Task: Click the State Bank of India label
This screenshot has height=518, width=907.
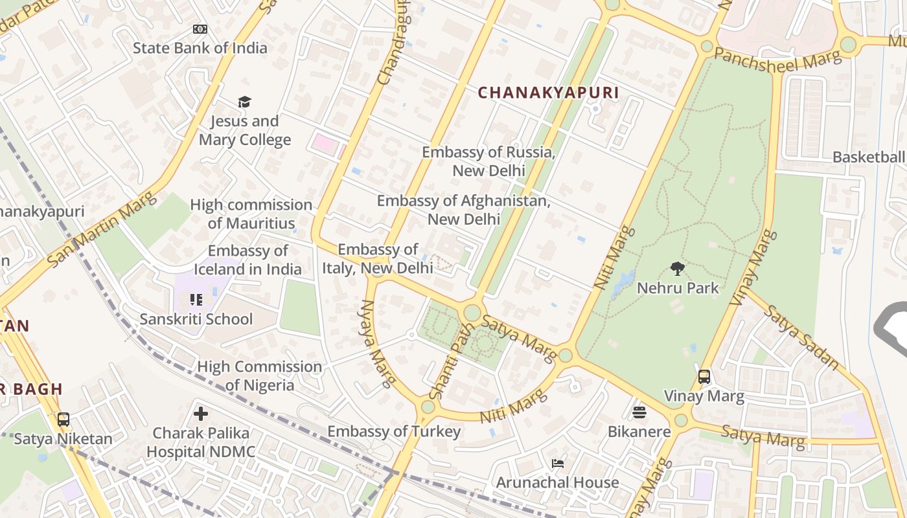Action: [x=200, y=48]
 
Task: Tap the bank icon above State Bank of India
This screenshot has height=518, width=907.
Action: [x=200, y=29]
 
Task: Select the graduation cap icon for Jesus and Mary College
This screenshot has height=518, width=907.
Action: [x=244, y=102]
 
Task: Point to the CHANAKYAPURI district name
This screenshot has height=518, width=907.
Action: [x=548, y=93]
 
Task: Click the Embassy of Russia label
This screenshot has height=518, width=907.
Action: [x=488, y=161]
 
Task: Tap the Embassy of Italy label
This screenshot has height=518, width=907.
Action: [x=378, y=258]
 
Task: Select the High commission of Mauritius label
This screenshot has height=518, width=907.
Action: [x=251, y=214]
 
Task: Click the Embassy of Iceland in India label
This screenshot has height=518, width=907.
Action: [x=247, y=260]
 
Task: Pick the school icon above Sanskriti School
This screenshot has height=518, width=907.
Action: [x=196, y=299]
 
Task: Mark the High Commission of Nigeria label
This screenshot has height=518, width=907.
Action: [x=259, y=376]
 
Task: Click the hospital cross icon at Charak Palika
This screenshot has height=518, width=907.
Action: [x=201, y=413]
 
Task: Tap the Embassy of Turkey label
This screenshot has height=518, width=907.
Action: [x=394, y=431]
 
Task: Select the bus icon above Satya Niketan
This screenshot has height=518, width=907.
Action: [x=63, y=419]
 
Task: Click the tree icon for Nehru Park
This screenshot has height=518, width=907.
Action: [x=678, y=268]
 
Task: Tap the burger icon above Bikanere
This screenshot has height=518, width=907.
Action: [x=639, y=412]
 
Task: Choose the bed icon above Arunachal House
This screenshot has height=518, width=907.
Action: [x=557, y=463]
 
